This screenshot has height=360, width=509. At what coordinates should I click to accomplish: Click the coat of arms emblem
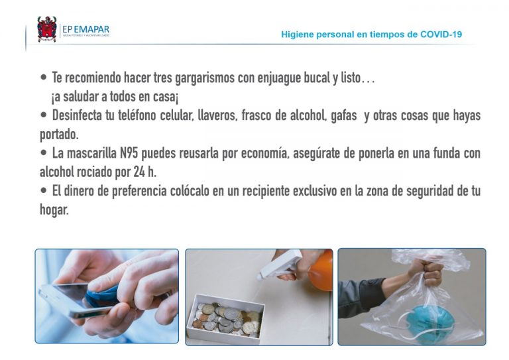(x=47, y=29)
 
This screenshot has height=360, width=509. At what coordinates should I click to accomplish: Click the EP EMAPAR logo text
(x=85, y=30)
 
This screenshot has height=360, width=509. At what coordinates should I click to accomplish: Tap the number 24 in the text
(x=139, y=172)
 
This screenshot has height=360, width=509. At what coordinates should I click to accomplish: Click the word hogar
(x=54, y=210)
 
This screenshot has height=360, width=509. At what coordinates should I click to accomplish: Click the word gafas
(x=344, y=116)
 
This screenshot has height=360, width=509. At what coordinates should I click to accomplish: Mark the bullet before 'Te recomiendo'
(x=44, y=78)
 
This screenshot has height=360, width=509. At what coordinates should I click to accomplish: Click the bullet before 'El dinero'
(x=44, y=190)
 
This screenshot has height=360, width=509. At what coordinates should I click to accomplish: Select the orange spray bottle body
(x=321, y=271)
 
